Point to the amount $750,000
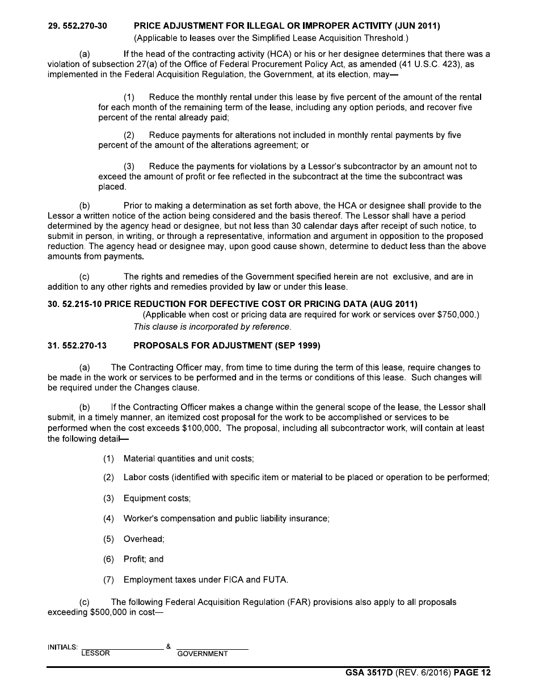456,315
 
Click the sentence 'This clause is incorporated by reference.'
212,326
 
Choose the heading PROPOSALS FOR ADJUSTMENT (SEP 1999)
227,345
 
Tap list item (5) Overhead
134,539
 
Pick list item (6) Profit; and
133,559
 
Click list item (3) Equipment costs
147,498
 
